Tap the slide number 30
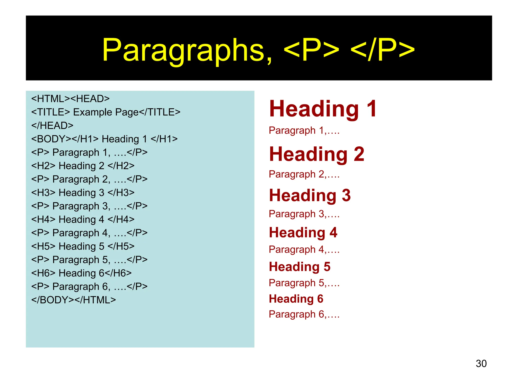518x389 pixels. [x=481, y=363]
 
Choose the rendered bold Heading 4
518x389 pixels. [x=303, y=232]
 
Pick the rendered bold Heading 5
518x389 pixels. [x=300, y=267]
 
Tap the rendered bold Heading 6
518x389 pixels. [x=296, y=299]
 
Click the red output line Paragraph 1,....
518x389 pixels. [x=304, y=130]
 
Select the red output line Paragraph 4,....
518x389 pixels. [x=304, y=249]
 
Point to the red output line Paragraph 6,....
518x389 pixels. [x=304, y=314]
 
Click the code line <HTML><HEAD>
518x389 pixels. [x=70, y=99]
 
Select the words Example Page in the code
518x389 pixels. [x=106, y=112]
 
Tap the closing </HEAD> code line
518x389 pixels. [x=52, y=125]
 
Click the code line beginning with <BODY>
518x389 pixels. [x=104, y=139]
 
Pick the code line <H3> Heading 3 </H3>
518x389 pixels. [x=83, y=193]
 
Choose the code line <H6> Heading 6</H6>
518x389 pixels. [x=81, y=273]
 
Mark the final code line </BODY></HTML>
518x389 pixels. [x=73, y=300]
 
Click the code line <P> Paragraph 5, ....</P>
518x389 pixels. [x=89, y=260]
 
